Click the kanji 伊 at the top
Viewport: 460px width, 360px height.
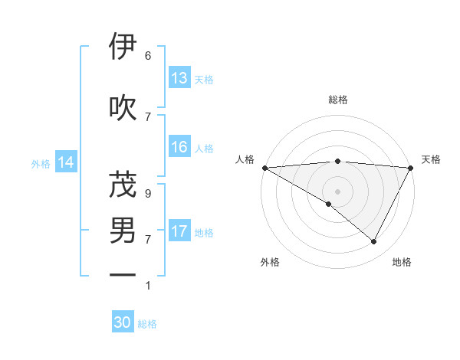point(123,47)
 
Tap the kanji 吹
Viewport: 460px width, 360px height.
point(123,107)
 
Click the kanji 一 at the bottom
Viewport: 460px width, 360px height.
point(123,274)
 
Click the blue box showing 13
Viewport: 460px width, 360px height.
point(179,78)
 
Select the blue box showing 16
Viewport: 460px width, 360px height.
point(179,147)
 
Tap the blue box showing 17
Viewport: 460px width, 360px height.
point(179,231)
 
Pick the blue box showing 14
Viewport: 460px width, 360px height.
point(66,162)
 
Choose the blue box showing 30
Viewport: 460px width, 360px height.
point(123,322)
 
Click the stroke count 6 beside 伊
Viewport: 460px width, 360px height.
point(147,56)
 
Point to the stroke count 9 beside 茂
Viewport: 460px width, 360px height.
point(147,194)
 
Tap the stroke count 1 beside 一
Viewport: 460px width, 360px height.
point(147,286)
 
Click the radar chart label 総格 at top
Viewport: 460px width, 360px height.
point(337,100)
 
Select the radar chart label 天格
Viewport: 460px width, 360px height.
point(431,159)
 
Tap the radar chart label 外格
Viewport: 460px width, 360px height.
point(270,262)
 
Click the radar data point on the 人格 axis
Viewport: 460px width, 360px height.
point(264,167)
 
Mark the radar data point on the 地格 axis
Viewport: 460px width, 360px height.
point(374,241)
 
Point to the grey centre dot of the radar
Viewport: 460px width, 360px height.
point(337,191)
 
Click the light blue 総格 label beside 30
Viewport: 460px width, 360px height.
point(147,324)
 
